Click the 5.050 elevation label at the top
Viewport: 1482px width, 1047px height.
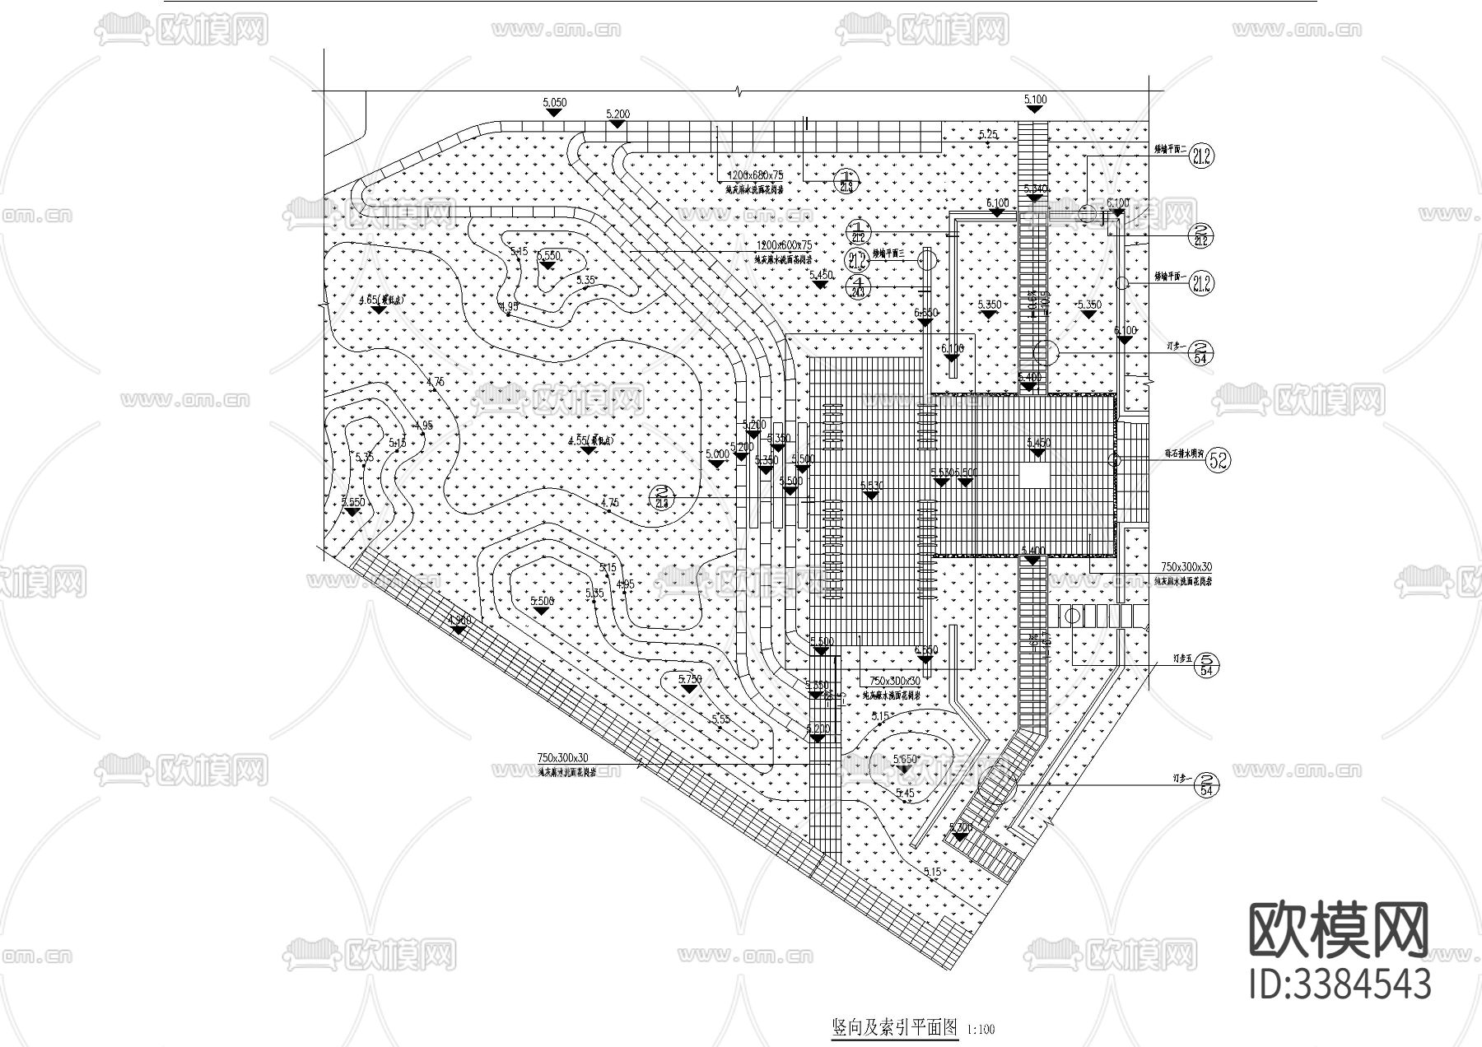pyautogui.click(x=555, y=103)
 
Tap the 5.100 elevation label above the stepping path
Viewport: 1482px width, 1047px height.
pyautogui.click(x=1035, y=100)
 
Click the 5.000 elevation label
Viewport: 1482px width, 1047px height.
pyautogui.click(x=717, y=454)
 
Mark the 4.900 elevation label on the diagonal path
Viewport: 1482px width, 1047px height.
pyautogui.click(x=459, y=620)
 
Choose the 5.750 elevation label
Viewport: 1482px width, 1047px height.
pyautogui.click(x=689, y=679)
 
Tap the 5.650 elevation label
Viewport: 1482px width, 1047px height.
pyautogui.click(x=905, y=759)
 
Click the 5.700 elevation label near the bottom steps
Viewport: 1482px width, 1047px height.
pyautogui.click(x=960, y=827)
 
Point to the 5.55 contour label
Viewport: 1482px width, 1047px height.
pyautogui.click(x=720, y=719)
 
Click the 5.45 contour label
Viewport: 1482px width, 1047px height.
pyautogui.click(x=905, y=793)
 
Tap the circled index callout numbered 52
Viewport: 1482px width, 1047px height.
pyautogui.click(x=1218, y=461)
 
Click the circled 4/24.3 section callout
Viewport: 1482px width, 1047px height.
pyautogui.click(x=858, y=287)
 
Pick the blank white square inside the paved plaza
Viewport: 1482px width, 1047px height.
pyautogui.click(x=1035, y=476)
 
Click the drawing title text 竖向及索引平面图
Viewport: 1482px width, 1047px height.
pyautogui.click(x=895, y=1027)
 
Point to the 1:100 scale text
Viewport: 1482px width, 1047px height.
pyautogui.click(x=981, y=1029)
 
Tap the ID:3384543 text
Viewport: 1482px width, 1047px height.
pyautogui.click(x=1340, y=984)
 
